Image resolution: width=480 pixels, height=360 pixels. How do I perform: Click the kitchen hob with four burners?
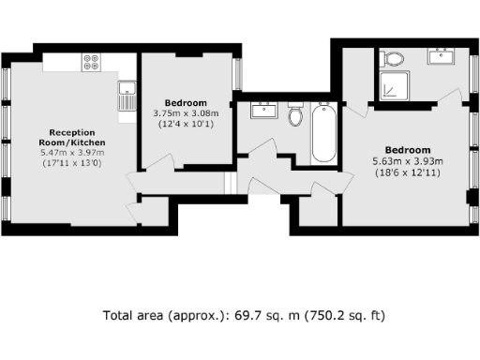click(92, 63)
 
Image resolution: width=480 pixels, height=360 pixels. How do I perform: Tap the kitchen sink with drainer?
click(126, 97)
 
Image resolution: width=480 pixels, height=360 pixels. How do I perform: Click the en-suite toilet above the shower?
click(393, 59)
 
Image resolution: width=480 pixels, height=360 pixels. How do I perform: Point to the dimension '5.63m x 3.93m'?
click(408, 160)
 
